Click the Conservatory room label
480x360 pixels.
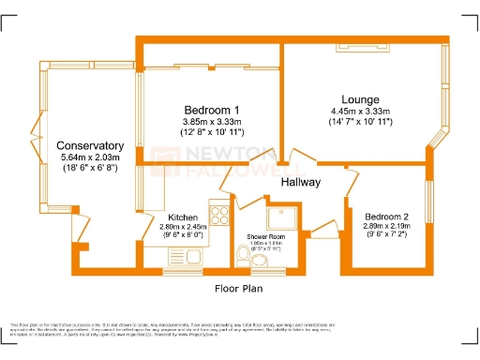90,146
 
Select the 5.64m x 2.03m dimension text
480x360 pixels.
90,158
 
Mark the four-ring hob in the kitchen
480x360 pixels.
220,215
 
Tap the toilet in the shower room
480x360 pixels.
275,264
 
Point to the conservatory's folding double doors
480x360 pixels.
35,147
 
